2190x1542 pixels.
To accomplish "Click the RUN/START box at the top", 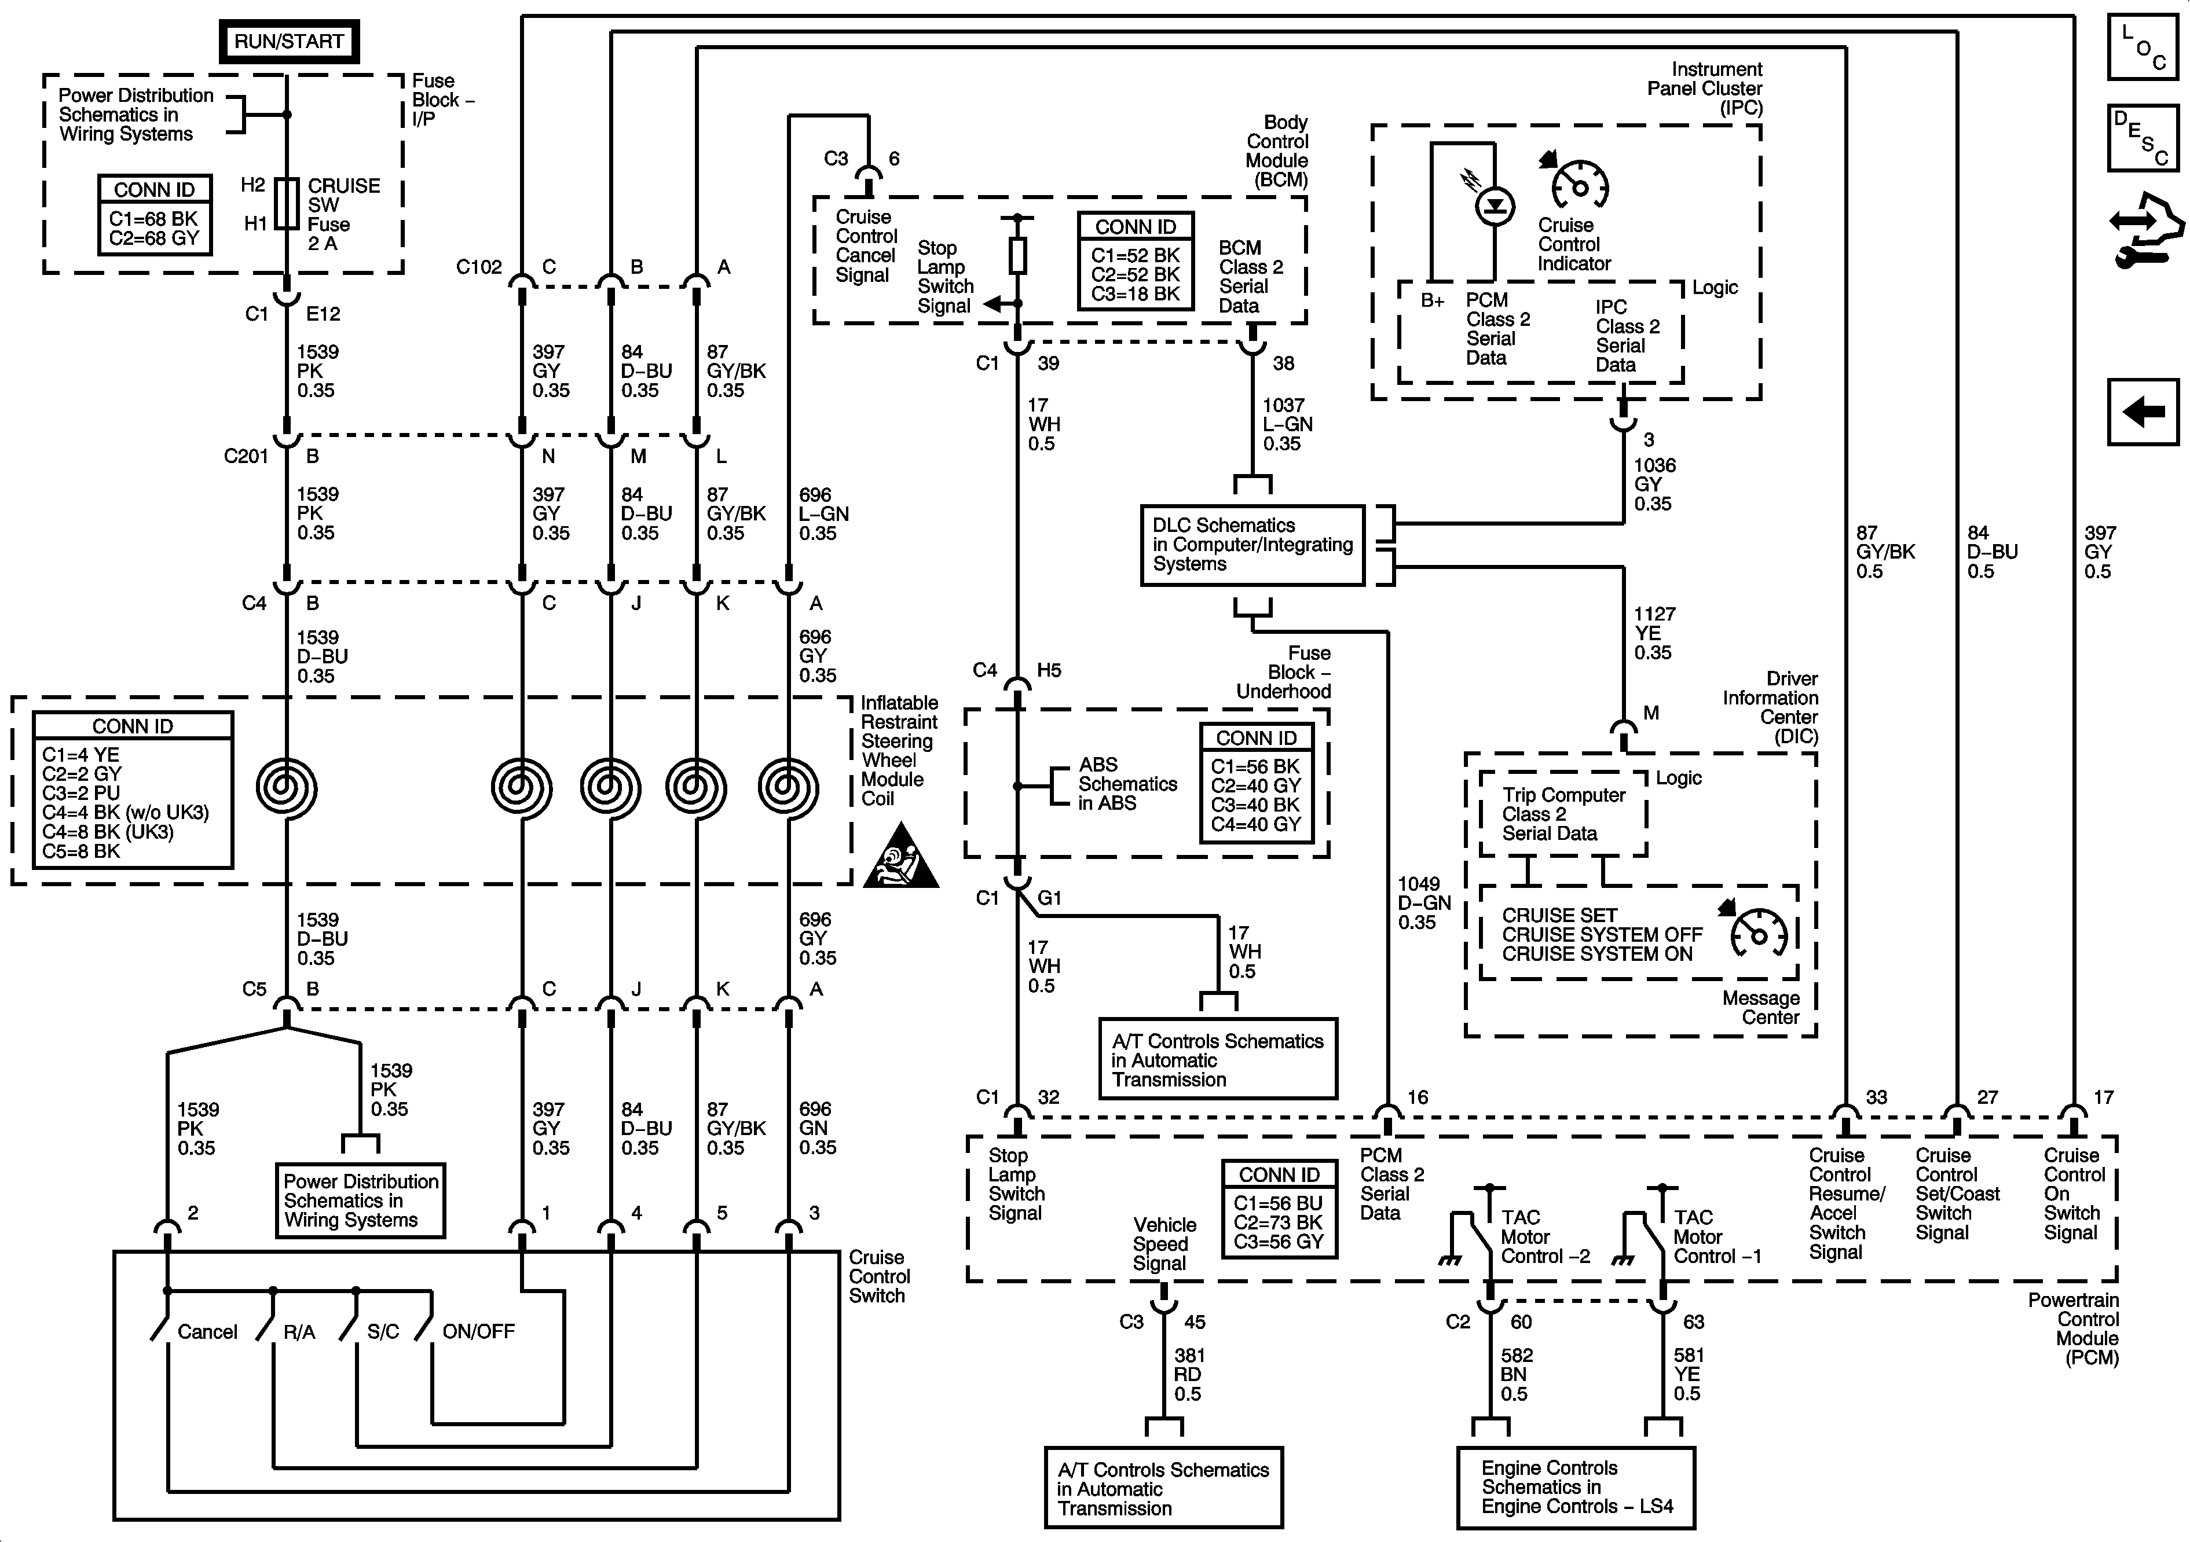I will pyautogui.click(x=288, y=42).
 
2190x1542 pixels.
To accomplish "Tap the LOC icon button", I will pyautogui.click(x=2143, y=46).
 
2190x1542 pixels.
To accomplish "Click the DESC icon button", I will pyautogui.click(x=2143, y=138).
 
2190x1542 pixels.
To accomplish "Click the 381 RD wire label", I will pyautogui.click(x=1188, y=1374).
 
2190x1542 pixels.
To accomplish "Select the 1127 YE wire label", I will pyautogui.click(x=1654, y=633).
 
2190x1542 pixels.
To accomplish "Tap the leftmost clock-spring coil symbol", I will pyautogui.click(x=286, y=788).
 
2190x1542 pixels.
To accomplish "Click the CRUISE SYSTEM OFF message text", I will pyautogui.click(x=1602, y=935).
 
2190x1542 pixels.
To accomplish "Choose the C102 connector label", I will pyautogui.click(x=479, y=267).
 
